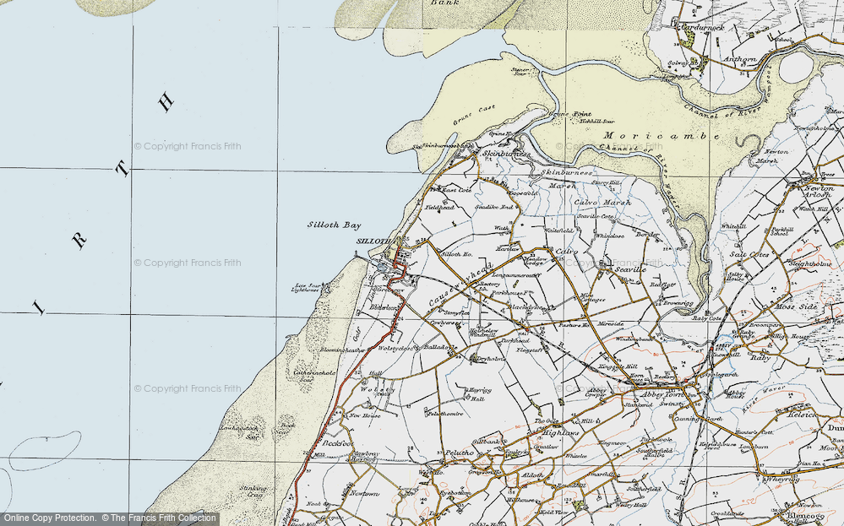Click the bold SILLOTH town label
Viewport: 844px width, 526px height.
pos(370,241)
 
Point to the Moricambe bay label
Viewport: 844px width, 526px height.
pos(662,136)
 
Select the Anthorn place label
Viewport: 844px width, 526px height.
pos(741,58)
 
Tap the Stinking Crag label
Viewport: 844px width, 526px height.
pos(253,491)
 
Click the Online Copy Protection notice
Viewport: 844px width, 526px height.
pos(49,518)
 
